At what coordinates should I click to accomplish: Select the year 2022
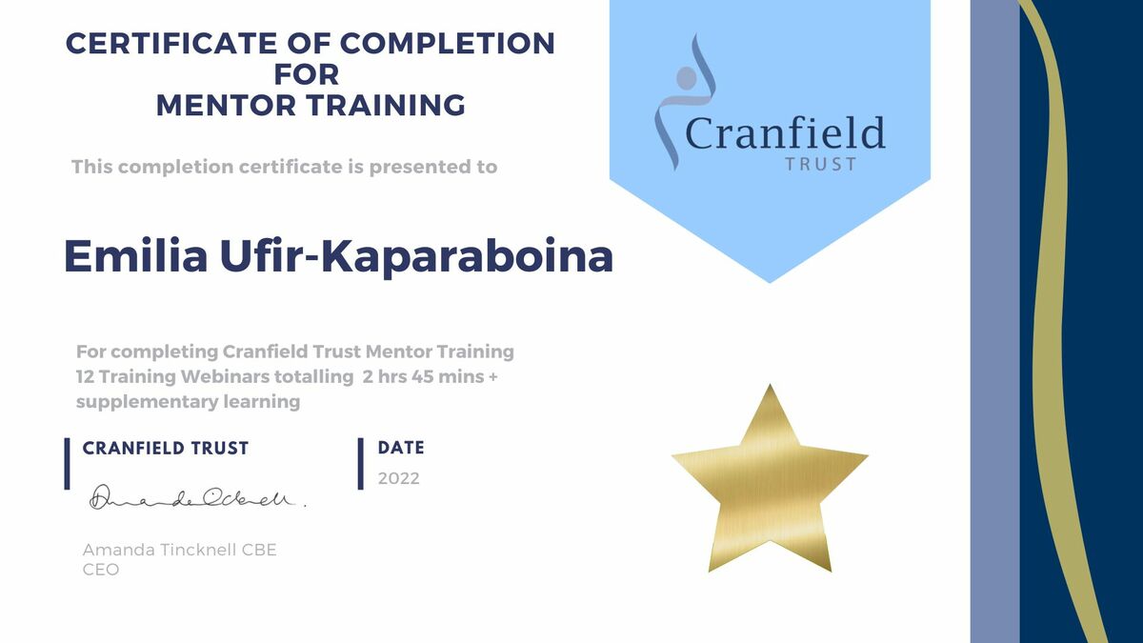point(398,479)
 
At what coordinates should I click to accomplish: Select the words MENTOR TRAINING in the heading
point(311,105)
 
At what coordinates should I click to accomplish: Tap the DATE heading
point(401,448)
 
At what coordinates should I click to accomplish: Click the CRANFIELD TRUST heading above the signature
point(166,448)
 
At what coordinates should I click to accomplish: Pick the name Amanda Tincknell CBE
point(179,551)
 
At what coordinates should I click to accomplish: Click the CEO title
point(101,570)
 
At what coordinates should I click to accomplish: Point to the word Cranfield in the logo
point(785,134)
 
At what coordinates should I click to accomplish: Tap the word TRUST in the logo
point(820,164)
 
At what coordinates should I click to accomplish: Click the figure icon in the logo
point(686,95)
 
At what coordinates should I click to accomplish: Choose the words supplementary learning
point(188,401)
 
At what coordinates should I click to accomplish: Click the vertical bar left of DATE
point(361,464)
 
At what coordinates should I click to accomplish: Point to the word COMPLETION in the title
point(447,43)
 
